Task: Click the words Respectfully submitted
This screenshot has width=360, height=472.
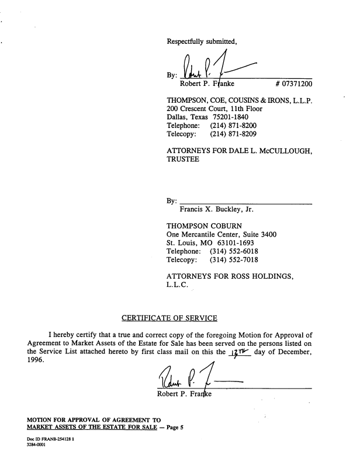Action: pyautogui.click(x=202, y=41)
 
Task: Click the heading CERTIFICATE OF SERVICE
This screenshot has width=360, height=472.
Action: pyautogui.click(x=169, y=318)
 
